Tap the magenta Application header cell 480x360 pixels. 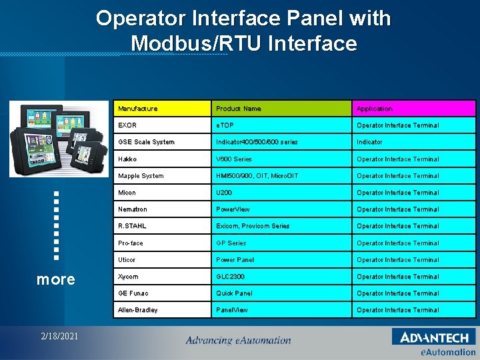pyautogui.click(x=413, y=109)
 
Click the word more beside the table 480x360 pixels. pyautogui.click(x=56, y=279)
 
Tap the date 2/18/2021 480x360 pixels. pyautogui.click(x=59, y=336)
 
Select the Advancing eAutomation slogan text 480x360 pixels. pyautogui.click(x=238, y=340)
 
